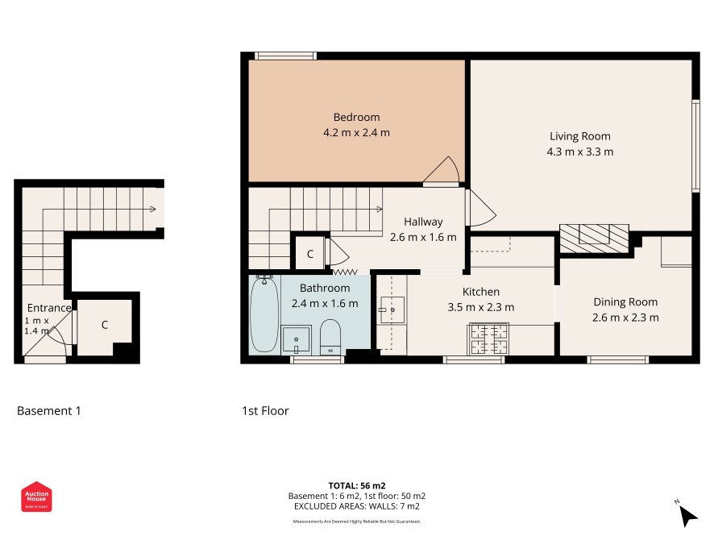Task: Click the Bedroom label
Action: pos(356,117)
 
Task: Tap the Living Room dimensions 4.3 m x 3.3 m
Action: pos(579,152)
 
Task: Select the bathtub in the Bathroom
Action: pos(264,314)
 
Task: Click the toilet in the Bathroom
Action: pos(330,337)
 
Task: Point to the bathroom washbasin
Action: pos(297,339)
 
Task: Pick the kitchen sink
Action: pos(392,310)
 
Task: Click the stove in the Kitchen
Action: pos(488,339)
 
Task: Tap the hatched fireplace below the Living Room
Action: pos(594,238)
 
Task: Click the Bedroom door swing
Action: pos(442,171)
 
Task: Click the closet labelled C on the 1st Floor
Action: pos(309,254)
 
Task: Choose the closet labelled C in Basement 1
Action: pos(105,325)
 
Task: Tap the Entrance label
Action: pos(48,308)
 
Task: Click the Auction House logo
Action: pos(36,497)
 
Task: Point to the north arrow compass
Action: pos(687,513)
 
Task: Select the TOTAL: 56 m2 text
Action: pos(357,485)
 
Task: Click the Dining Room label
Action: pos(625,302)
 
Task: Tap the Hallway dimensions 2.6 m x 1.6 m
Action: pos(423,237)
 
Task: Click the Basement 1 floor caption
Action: pos(48,411)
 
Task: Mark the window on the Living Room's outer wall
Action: pos(695,146)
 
